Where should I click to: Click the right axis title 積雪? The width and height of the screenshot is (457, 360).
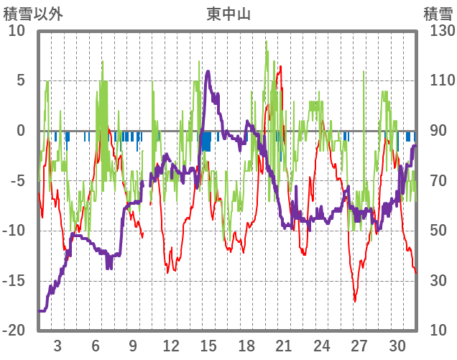click(x=438, y=13)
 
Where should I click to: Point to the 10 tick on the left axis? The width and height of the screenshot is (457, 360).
click(x=17, y=31)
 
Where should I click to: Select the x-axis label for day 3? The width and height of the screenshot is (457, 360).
click(x=57, y=345)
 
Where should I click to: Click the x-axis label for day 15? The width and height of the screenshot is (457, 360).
click(x=208, y=345)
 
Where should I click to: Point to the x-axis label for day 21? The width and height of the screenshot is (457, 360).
click(x=284, y=345)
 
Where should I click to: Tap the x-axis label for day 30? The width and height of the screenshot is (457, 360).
click(x=397, y=345)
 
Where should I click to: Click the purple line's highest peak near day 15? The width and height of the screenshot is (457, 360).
click(x=208, y=71)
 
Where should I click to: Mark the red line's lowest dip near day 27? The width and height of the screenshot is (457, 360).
click(x=355, y=301)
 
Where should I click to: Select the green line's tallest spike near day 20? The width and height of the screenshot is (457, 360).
click(x=266, y=41)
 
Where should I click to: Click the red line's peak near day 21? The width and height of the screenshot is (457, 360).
click(x=280, y=66)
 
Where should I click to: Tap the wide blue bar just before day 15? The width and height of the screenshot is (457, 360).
click(x=206, y=141)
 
